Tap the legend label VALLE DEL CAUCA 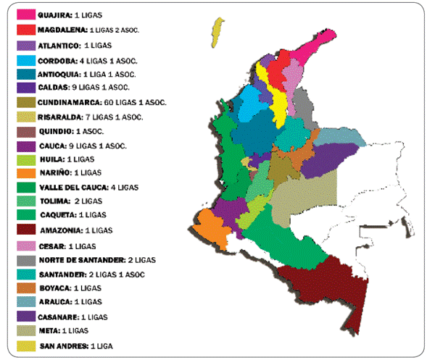pos(72,187)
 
